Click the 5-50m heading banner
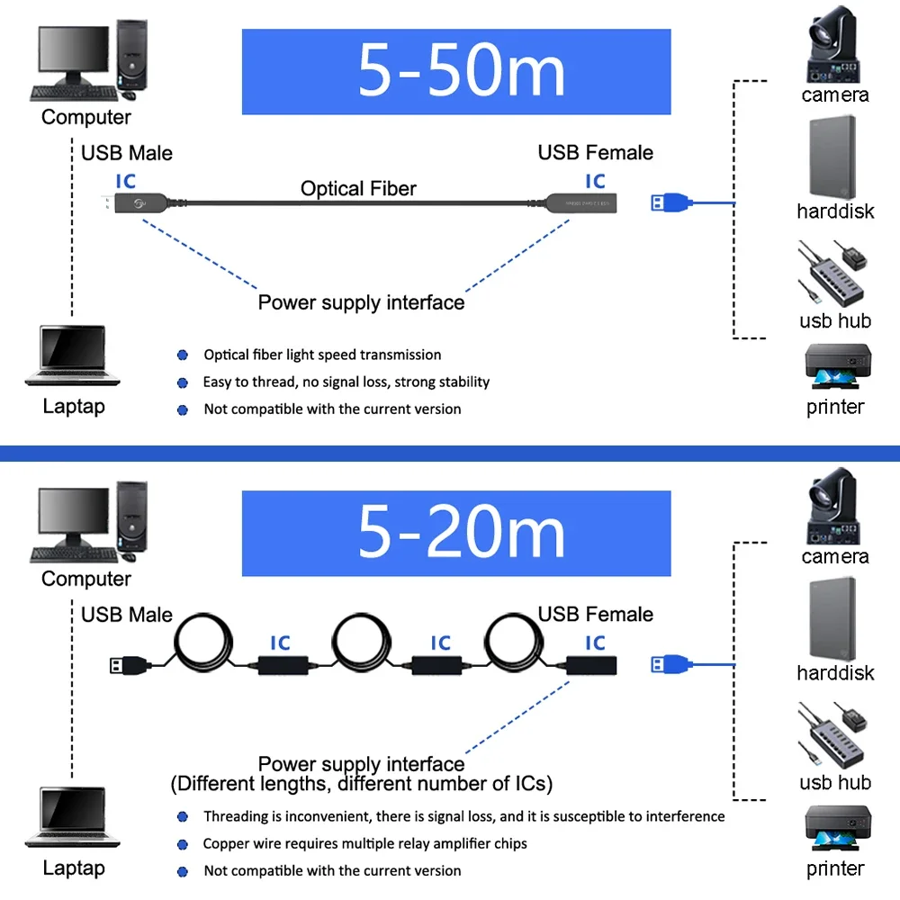click(456, 72)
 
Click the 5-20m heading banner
click(456, 533)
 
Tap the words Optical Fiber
click(358, 188)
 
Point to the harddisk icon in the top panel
click(833, 157)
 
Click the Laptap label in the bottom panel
click(74, 868)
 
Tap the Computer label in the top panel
click(86, 117)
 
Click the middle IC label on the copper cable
click(440, 643)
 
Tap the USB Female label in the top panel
click(596, 152)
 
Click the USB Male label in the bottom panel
click(127, 615)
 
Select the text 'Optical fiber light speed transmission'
click(322, 355)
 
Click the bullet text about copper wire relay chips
click(364, 843)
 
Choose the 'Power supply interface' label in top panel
click(361, 302)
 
